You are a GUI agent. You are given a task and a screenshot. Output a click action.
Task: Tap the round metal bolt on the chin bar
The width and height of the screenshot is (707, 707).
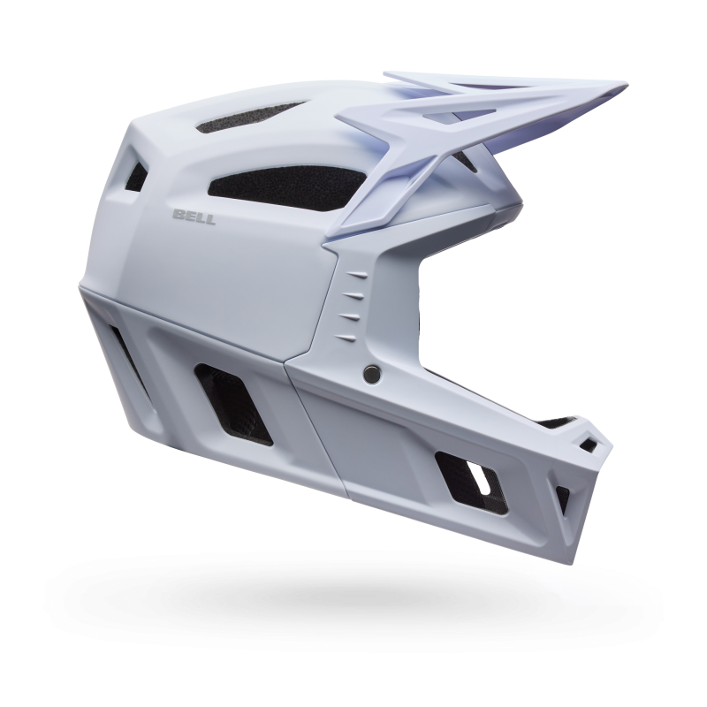coord(372,372)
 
